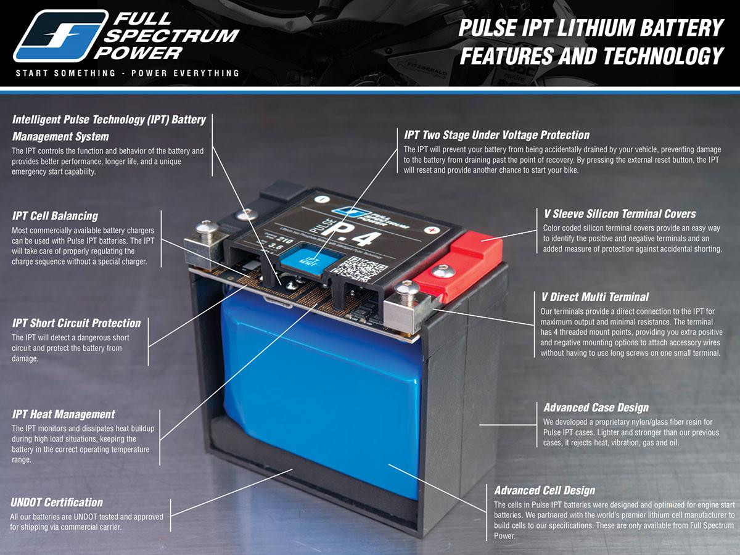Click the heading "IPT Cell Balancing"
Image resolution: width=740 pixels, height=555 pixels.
click(x=55, y=216)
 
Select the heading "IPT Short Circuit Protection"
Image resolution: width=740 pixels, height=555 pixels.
click(x=76, y=323)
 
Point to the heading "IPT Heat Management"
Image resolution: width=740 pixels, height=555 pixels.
click(x=64, y=414)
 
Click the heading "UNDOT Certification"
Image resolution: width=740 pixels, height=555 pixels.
click(x=57, y=503)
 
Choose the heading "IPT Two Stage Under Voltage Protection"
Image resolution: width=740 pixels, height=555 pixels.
click(x=496, y=135)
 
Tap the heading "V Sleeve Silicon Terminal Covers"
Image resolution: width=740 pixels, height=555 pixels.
click(x=619, y=214)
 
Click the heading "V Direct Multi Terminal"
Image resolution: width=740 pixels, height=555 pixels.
click(x=596, y=297)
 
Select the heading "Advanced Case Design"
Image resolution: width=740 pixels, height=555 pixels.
click(x=596, y=408)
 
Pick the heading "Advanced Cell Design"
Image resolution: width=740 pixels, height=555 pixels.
click(x=545, y=491)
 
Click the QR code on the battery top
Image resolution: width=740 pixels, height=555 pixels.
click(x=361, y=267)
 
